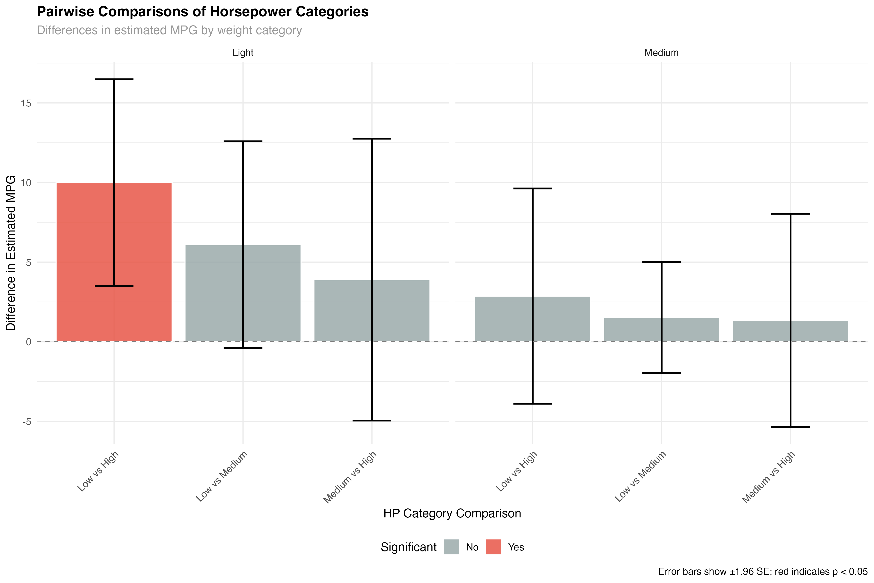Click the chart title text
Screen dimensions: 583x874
(x=169, y=30)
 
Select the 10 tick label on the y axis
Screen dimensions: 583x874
(x=26, y=183)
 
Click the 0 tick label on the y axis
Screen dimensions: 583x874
(x=29, y=342)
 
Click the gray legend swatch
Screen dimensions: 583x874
(x=451, y=547)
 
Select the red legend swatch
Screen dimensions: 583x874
(x=493, y=547)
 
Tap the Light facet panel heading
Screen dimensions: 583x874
(x=243, y=53)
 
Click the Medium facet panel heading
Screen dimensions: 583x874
(x=661, y=53)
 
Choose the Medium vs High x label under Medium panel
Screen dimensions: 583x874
(x=768, y=477)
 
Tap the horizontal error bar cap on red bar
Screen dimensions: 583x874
(x=114, y=286)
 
